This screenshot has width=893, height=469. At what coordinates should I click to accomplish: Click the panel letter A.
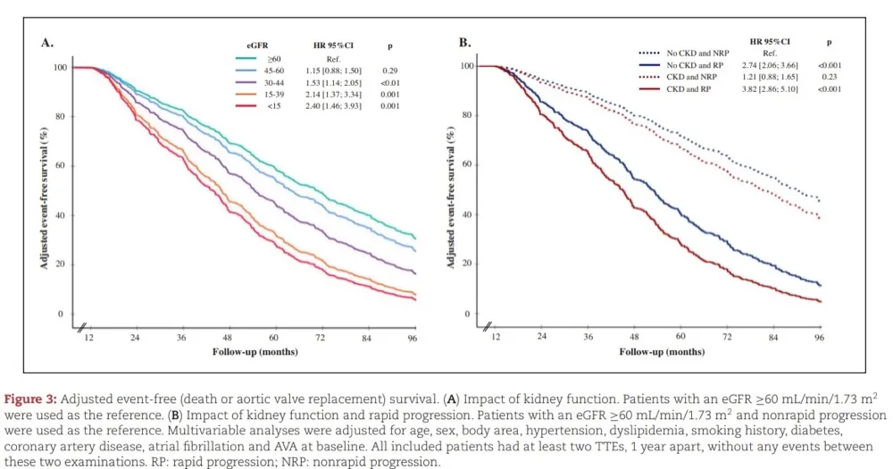click(x=46, y=42)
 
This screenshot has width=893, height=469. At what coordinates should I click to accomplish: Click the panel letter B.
click(x=464, y=42)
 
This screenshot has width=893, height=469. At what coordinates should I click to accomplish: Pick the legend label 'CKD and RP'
click(x=689, y=89)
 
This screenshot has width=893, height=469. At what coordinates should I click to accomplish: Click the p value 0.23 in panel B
click(x=830, y=77)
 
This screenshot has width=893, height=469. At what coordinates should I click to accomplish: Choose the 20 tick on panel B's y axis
click(x=465, y=264)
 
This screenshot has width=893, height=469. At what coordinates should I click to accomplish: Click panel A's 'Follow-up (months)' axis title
click(x=255, y=352)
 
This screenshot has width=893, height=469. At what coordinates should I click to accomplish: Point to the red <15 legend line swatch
click(x=246, y=106)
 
